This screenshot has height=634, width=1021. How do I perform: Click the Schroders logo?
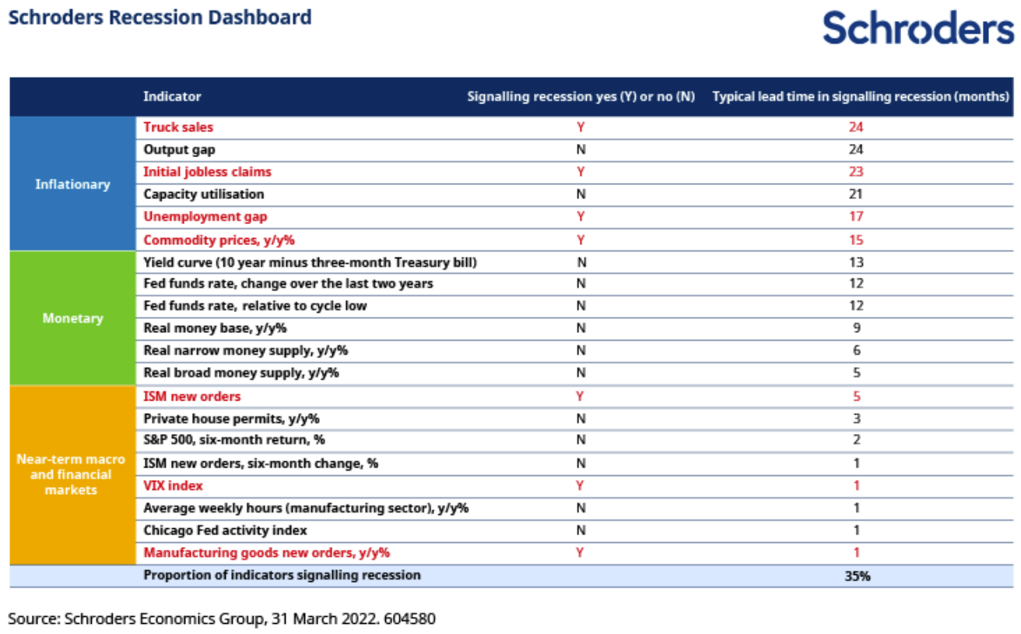[918, 28]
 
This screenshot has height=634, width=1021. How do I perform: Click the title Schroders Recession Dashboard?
[160, 17]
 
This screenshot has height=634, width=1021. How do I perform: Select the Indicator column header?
[172, 96]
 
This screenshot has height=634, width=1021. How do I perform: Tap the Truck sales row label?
[178, 127]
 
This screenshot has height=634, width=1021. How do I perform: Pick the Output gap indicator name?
[180, 149]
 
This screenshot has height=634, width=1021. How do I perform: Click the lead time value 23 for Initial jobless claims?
[856, 172]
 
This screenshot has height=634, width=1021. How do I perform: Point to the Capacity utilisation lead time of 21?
[856, 194]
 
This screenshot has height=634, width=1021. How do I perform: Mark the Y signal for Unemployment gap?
[581, 216]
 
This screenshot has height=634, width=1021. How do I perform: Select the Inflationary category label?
[72, 184]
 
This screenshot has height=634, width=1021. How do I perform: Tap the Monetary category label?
[72, 318]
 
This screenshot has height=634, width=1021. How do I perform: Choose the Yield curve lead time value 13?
[856, 262]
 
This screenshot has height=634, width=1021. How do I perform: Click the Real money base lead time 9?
[857, 328]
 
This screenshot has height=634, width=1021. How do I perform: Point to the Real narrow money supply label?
[246, 351]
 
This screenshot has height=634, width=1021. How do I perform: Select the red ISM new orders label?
[192, 397]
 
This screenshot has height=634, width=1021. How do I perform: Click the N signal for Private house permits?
[581, 419]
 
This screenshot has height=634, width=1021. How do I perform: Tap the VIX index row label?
[174, 485]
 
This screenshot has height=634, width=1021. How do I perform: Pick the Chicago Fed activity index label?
[226, 531]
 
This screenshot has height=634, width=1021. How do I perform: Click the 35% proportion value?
[857, 576]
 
